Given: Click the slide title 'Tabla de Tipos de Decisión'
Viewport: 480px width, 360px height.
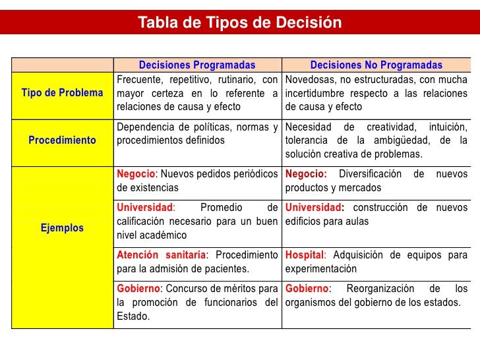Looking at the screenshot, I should [x=240, y=23].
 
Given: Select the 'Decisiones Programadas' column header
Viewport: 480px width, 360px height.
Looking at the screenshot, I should [x=197, y=65].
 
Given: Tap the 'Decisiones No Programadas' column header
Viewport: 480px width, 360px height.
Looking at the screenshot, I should [x=376, y=65].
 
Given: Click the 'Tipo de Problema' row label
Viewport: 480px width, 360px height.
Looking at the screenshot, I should [x=63, y=93].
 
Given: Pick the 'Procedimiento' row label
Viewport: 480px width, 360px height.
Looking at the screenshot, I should [x=63, y=140].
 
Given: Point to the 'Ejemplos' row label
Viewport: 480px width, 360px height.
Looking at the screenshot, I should [x=63, y=228].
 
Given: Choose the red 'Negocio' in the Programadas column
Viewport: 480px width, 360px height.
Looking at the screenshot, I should [x=136, y=175].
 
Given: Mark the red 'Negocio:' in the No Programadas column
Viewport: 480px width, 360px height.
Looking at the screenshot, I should [x=306, y=175].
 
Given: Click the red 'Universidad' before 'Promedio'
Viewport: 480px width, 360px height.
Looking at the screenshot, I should [x=145, y=208].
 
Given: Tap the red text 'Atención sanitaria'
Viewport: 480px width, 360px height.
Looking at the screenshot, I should [x=161, y=255].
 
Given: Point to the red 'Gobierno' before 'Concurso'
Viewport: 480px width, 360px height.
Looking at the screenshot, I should [x=138, y=289].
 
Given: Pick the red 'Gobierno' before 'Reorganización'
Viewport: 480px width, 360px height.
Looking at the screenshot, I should [x=307, y=289].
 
